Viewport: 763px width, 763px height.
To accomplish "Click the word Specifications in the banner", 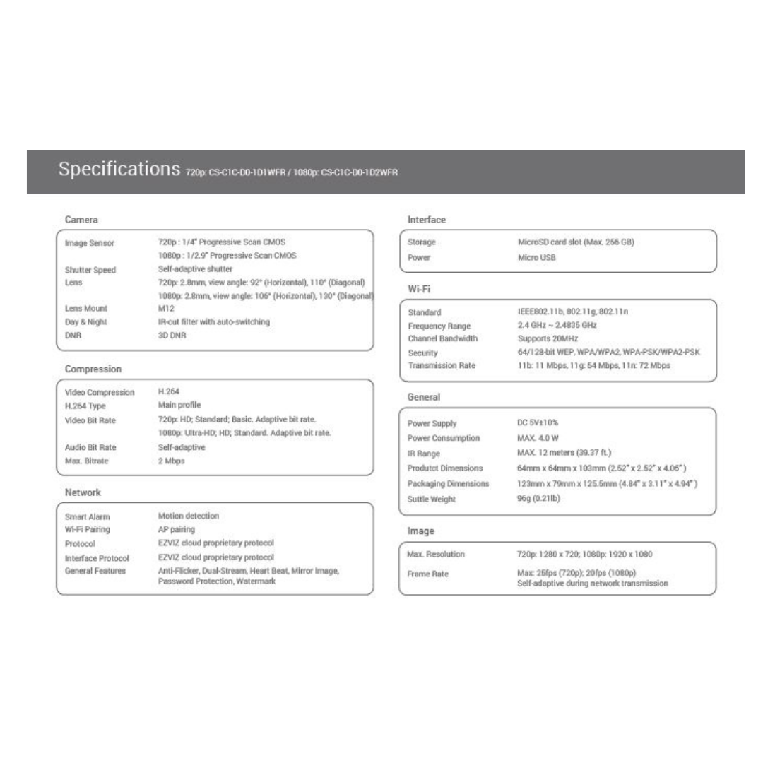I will coord(119,170).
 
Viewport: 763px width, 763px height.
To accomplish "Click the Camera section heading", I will coord(81,220).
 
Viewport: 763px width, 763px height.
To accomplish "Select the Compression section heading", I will coord(93,369).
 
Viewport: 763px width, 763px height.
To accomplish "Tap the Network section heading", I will coord(83,492).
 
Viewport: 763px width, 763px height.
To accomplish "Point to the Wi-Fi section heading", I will coord(419,289).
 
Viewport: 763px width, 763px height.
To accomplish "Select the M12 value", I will coord(166,308).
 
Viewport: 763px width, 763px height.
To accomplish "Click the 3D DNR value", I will coord(172,336).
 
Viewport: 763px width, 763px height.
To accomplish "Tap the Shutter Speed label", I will coord(90,270).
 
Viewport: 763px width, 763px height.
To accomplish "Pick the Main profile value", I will coord(179,405).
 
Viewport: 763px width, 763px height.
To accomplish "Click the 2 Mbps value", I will coord(172,461).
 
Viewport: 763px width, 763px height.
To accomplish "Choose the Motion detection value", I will coord(189,516).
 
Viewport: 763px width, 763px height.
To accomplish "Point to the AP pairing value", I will coord(177,529).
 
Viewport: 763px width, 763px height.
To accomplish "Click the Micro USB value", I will coord(537,257).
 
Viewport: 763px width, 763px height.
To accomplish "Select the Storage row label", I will coord(422,242).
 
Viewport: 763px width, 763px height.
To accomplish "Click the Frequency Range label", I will coord(439,326).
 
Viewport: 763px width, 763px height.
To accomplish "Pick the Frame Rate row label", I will coord(428,574).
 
